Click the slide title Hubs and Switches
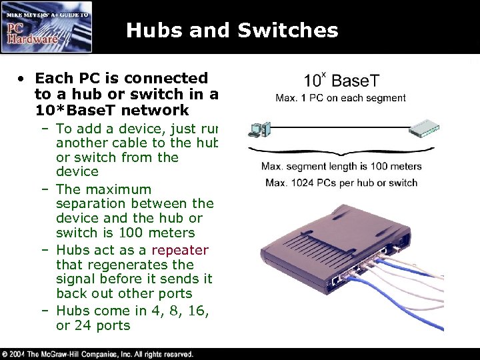(x=232, y=30)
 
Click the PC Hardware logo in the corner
(x=46, y=28)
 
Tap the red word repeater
(x=180, y=250)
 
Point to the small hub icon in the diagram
(x=425, y=128)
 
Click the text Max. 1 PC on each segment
(x=341, y=98)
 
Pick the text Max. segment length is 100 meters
(x=341, y=166)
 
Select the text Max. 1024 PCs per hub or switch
(x=341, y=182)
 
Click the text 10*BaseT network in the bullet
(x=112, y=109)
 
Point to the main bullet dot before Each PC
(x=22, y=78)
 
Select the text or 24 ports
(x=93, y=325)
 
